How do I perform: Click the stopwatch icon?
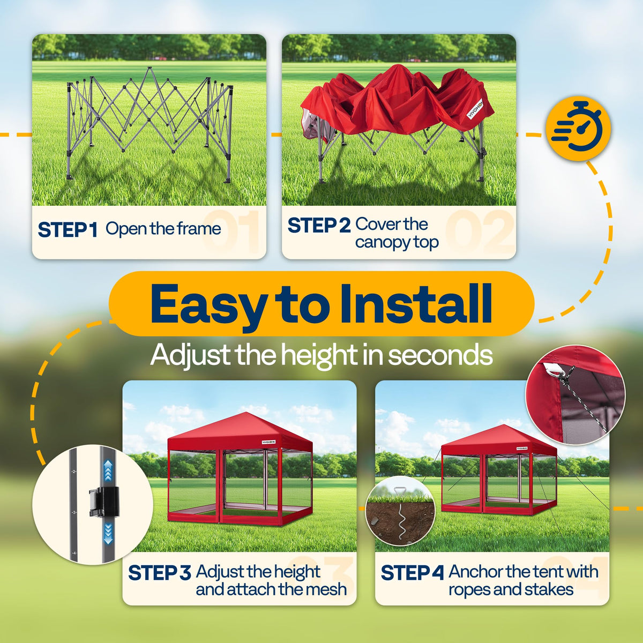click(x=578, y=129)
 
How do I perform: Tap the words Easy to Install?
click(x=321, y=304)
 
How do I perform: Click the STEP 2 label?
click(x=319, y=225)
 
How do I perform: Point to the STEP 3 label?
click(x=160, y=573)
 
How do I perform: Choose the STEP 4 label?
click(x=412, y=573)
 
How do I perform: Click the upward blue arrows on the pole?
click(x=108, y=470)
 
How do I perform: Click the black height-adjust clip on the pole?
click(x=103, y=501)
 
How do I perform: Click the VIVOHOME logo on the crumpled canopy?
click(x=476, y=109)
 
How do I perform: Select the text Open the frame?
click(x=163, y=229)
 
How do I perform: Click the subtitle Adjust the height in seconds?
click(x=321, y=356)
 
